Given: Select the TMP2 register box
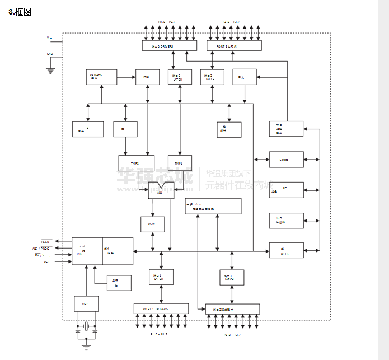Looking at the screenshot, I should point(135,163).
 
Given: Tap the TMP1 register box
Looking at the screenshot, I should point(179,163).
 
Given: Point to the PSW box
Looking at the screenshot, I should point(152,224).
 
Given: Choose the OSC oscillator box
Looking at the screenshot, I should point(86,303).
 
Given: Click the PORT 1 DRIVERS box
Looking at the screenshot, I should point(161,308).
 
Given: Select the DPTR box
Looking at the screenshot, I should point(286,250).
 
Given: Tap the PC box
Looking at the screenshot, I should point(286,189).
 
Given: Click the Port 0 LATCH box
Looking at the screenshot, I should point(179,77).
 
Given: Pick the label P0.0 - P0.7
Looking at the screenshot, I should point(167,22).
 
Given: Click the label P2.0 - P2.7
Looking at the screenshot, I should point(231,22).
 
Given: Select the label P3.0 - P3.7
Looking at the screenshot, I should point(232,334).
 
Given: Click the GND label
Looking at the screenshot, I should point(50,54).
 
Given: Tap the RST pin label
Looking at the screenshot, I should point(47,261).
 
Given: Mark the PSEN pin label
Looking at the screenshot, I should point(45,241).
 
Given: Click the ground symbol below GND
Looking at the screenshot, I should point(50,71).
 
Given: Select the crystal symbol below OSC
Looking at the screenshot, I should point(87,326).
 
